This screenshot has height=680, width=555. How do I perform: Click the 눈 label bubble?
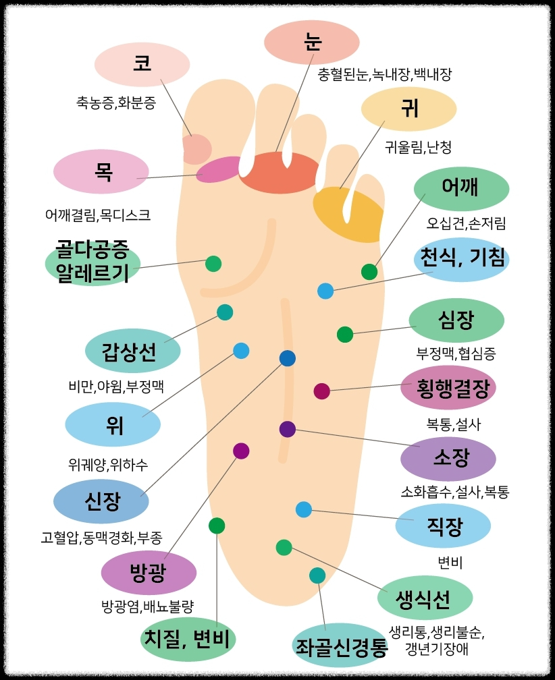click(x=311, y=42)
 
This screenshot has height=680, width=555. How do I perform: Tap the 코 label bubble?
click(x=142, y=64)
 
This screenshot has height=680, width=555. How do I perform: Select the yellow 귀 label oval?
click(x=408, y=109)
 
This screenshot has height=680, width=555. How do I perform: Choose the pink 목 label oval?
click(x=101, y=171)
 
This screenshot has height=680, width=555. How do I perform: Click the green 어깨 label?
click(x=460, y=188)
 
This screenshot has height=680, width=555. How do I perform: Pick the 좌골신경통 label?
click(x=340, y=646)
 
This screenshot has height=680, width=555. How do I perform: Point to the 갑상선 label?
click(x=132, y=351)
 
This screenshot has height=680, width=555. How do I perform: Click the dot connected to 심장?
click(x=345, y=334)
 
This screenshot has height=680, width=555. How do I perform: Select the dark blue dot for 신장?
click(x=288, y=358)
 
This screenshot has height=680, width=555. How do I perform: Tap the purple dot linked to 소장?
click(x=288, y=429)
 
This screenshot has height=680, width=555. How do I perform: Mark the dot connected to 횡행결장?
click(x=322, y=391)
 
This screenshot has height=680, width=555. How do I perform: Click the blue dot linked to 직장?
click(x=304, y=509)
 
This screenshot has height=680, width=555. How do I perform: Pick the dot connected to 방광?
click(x=241, y=451)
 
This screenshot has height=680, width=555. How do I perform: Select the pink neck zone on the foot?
click(x=219, y=169)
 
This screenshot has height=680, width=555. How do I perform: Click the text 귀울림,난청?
click(x=418, y=146)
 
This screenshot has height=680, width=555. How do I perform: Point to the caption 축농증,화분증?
click(x=116, y=103)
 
